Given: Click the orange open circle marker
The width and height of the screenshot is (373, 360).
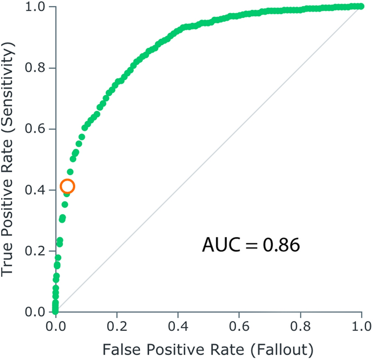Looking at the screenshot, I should pos(67,186).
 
